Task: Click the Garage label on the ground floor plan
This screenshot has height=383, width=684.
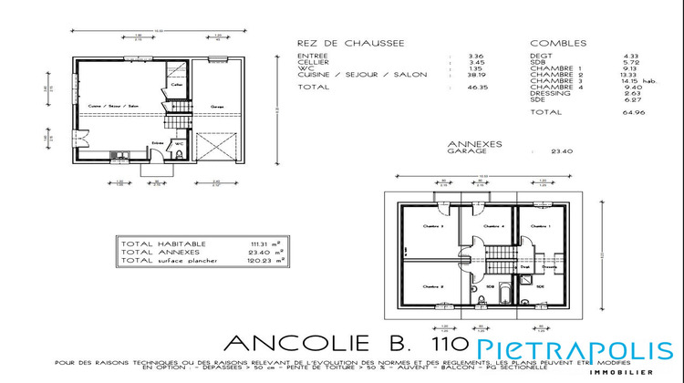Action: pos(218,106)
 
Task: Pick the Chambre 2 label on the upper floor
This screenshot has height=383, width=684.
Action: pos(432,286)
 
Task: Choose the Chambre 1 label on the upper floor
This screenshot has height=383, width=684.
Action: pos(542,225)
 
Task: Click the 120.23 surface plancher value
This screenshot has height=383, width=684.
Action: pos(261,260)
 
